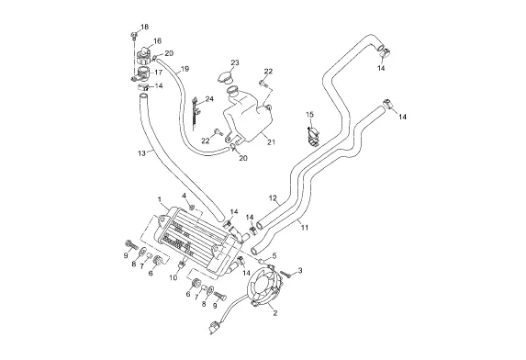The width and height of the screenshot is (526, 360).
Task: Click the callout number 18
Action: pos(144,27)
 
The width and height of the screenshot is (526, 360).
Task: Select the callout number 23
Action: pos(235,62)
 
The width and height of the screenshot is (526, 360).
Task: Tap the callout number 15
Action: pos(309,115)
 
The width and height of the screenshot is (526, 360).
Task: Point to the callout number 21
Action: pos(271,142)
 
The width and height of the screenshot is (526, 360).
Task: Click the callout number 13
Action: pos(141,153)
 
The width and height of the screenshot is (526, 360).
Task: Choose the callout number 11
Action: pos(304,228)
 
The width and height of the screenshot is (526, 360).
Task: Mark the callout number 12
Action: pos(273,198)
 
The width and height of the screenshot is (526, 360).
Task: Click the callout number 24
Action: pos(209,99)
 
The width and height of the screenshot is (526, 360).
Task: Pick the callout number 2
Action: pos(275,313)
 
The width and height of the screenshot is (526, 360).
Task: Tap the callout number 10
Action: pos(173,277)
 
